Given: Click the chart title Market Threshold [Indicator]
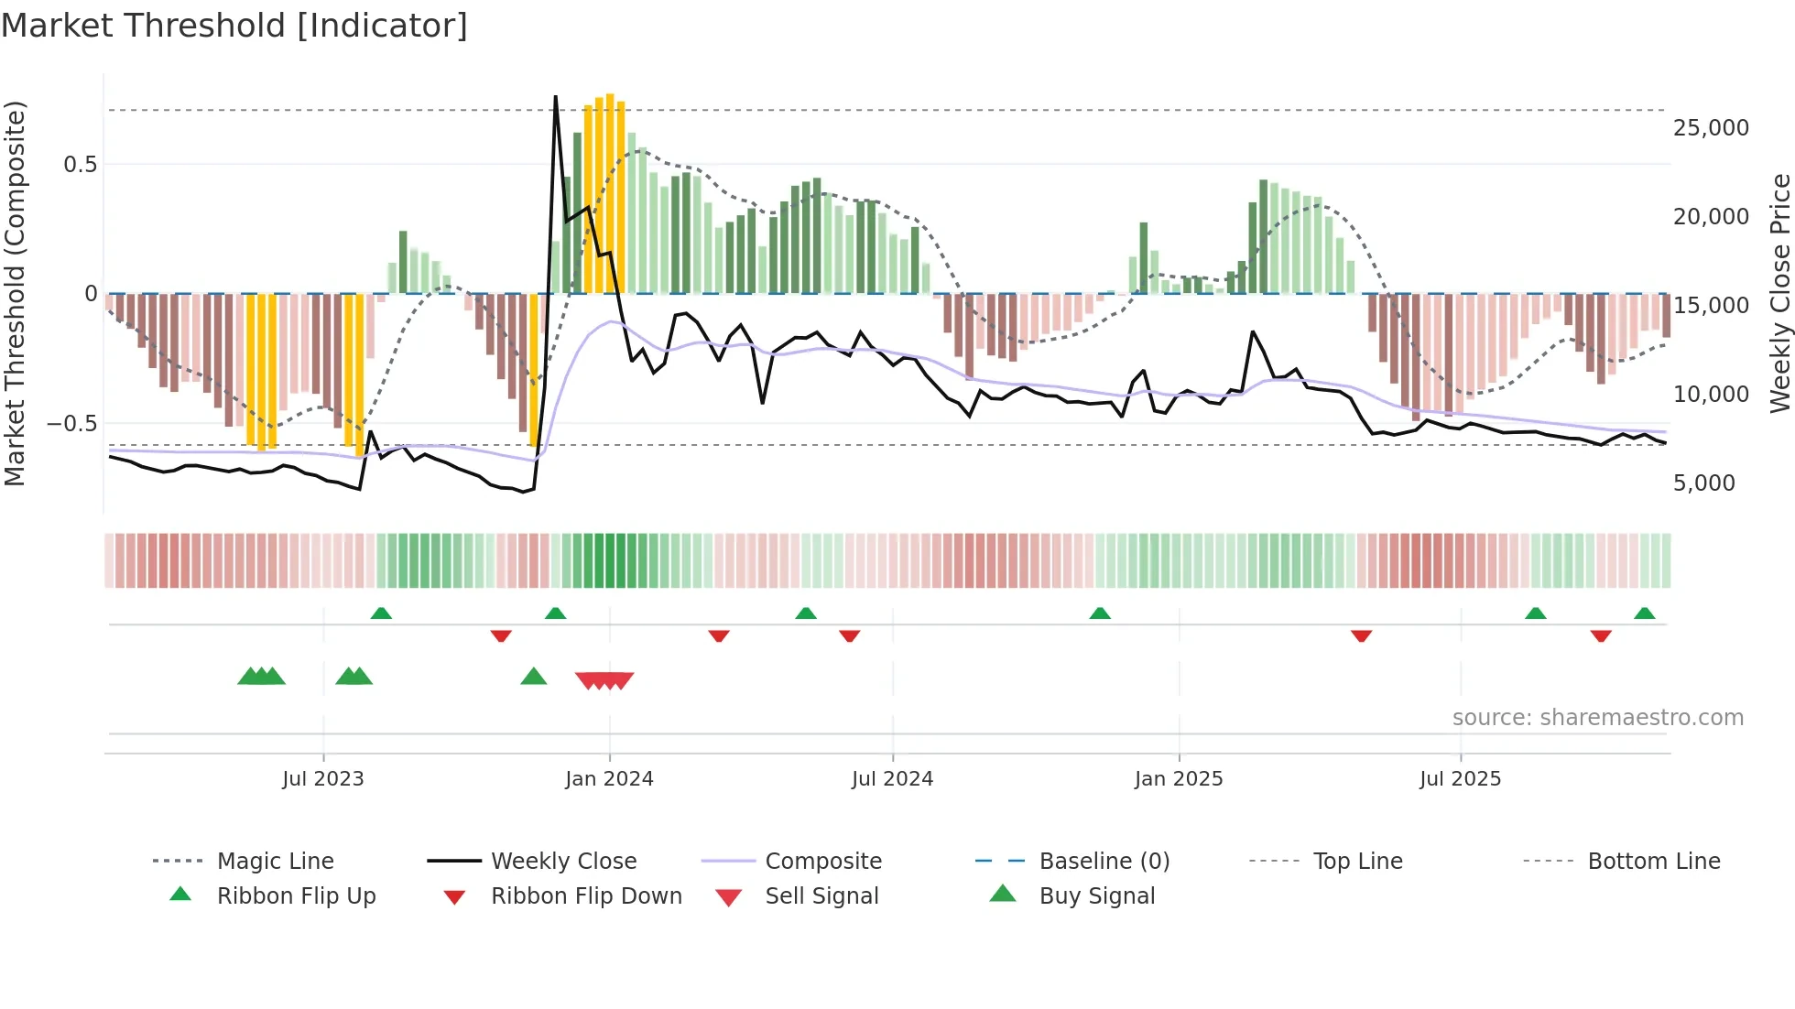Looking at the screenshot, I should [x=234, y=26].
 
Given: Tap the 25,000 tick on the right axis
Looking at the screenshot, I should [x=1711, y=128].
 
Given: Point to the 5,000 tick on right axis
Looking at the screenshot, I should [x=1703, y=483].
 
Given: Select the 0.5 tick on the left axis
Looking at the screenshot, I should [x=80, y=165].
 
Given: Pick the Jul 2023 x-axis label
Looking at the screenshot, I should [x=322, y=779].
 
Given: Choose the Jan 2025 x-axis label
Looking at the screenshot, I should [x=1178, y=779].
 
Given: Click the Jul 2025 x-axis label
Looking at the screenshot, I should [x=1460, y=779].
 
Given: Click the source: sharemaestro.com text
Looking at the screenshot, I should [x=1597, y=718].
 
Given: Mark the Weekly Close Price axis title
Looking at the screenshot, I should [x=1779, y=293].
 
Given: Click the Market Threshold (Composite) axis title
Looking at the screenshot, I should [x=15, y=293].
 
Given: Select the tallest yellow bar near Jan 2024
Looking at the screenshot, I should [x=610, y=193].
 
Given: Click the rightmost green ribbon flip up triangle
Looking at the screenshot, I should [x=1644, y=613].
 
